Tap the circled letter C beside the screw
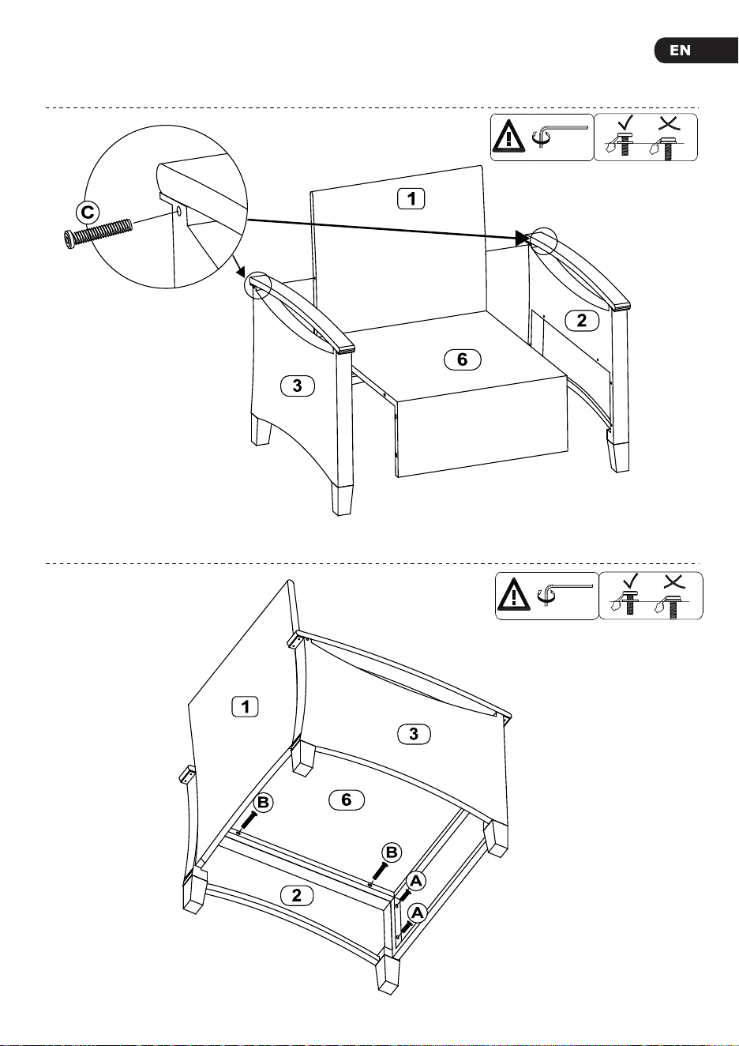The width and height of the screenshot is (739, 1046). (x=88, y=213)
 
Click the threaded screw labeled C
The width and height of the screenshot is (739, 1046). (x=97, y=231)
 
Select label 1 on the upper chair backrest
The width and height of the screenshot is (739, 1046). (x=411, y=199)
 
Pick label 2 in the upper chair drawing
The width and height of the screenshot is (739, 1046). (x=582, y=320)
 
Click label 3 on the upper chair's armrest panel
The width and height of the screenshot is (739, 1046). (x=297, y=386)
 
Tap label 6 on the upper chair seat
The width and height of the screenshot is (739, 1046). (x=462, y=359)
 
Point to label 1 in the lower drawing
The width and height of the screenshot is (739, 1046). (x=246, y=706)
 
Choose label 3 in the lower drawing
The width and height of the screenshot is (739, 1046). (x=414, y=734)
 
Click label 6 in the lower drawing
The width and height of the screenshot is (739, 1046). (x=346, y=800)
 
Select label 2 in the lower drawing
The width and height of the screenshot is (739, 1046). (x=297, y=895)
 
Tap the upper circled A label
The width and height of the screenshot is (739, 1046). (x=416, y=881)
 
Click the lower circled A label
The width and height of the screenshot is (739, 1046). (x=417, y=912)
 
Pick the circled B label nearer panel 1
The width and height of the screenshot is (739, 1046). (x=263, y=802)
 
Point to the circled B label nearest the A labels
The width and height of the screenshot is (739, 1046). (x=392, y=852)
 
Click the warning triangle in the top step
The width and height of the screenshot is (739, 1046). (x=508, y=137)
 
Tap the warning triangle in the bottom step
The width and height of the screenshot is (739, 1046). (x=514, y=595)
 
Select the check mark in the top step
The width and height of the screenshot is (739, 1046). (x=625, y=123)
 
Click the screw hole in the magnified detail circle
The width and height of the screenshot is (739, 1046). (x=179, y=212)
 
